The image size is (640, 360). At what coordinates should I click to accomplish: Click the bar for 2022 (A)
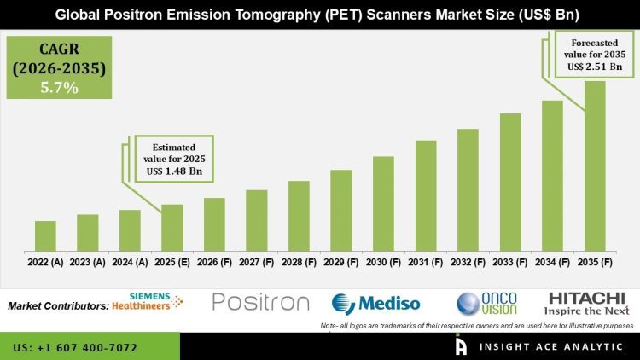[x=45, y=236]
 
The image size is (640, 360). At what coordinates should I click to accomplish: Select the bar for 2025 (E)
[x=172, y=228]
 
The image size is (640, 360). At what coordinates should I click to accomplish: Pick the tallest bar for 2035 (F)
[x=595, y=166]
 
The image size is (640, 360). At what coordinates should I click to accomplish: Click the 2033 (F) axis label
[x=510, y=264]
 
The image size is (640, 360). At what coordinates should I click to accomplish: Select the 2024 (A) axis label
[x=130, y=264]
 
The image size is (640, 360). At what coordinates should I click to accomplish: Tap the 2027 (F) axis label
[x=256, y=264]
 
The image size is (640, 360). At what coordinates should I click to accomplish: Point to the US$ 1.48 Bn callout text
[x=172, y=171]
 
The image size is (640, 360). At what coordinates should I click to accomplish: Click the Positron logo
[x=260, y=303]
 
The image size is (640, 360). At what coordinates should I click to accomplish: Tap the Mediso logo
[x=376, y=305]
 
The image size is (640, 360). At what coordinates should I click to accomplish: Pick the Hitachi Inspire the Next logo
[x=587, y=303]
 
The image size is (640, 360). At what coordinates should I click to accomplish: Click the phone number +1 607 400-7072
[x=74, y=348]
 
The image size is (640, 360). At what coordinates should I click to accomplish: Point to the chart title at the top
[x=320, y=15]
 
